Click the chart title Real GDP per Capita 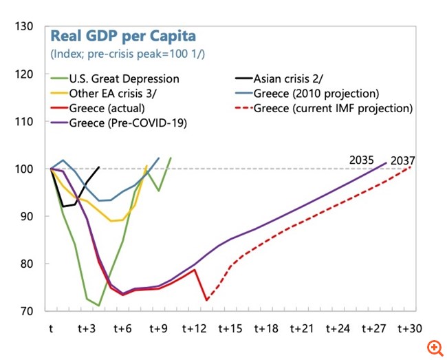coord(121,36)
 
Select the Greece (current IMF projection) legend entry coord(333,108)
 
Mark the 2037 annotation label coord(402,160)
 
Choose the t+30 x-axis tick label coord(410,328)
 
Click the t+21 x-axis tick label coord(303,328)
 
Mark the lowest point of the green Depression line coord(99,305)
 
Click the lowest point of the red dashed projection coord(207,299)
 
